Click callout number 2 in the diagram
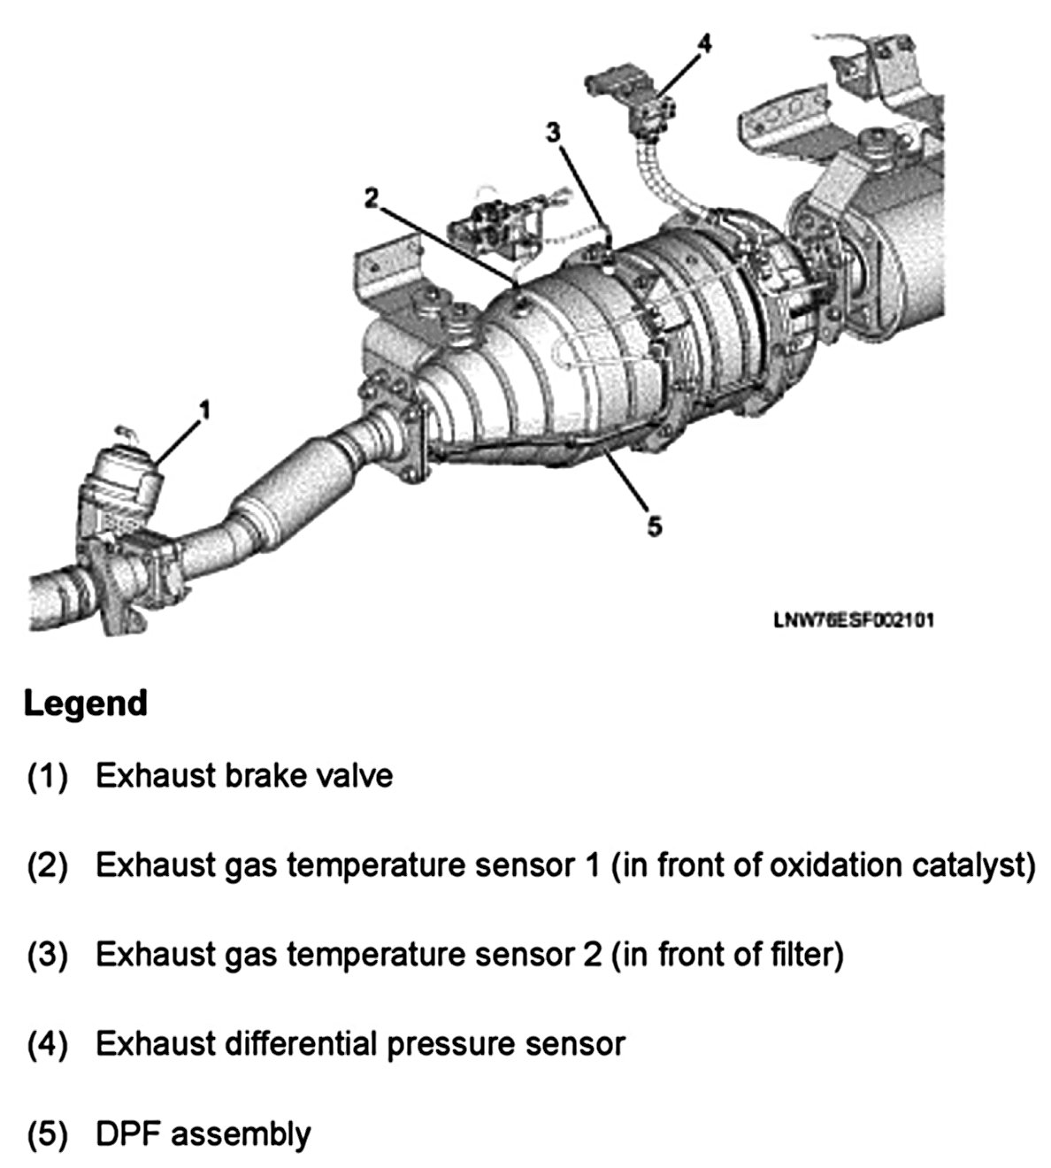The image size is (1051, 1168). pyautogui.click(x=372, y=198)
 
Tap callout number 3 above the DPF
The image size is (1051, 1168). pyautogui.click(x=553, y=133)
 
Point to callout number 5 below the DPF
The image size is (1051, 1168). pyautogui.click(x=654, y=526)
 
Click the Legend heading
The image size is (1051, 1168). pyautogui.click(x=85, y=703)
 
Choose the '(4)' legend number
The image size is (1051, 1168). pyautogui.click(x=47, y=1045)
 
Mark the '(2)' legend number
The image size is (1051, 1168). pyautogui.click(x=47, y=866)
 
